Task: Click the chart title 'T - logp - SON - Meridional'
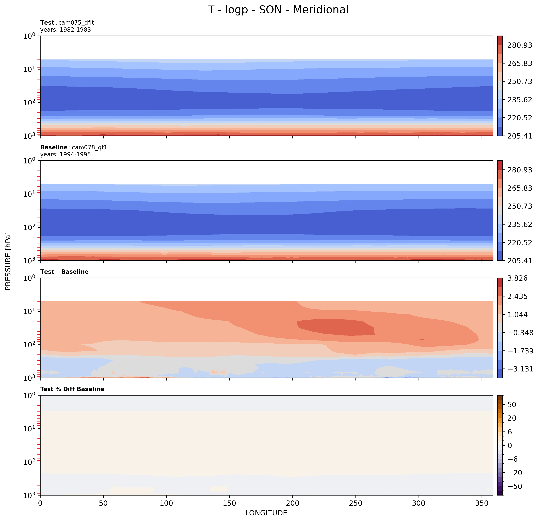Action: (x=278, y=10)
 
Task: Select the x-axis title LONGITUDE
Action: (x=266, y=513)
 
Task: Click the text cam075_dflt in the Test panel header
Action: (x=76, y=23)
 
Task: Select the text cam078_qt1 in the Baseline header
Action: (x=89, y=147)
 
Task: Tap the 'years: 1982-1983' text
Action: (x=65, y=30)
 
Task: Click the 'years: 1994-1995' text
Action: (x=65, y=155)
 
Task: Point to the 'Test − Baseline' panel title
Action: (x=64, y=272)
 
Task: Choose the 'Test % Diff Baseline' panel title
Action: (x=72, y=389)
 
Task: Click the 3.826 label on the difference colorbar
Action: (x=517, y=278)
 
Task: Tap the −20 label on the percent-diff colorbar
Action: (x=513, y=473)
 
